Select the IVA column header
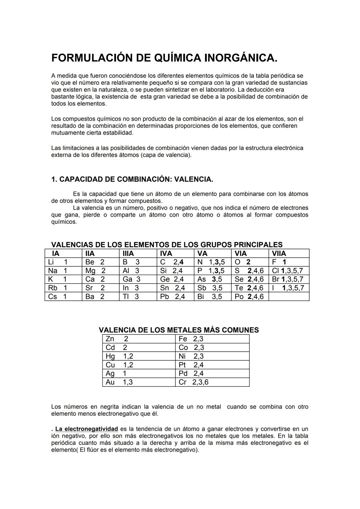[x=166, y=253]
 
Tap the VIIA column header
[x=279, y=253]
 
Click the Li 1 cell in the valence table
[x=58, y=262]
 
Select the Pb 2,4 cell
[x=172, y=297]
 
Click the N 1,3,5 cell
[x=211, y=262]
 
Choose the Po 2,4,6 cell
[x=249, y=297]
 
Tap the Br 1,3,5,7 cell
[x=288, y=279]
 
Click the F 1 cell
[x=279, y=262]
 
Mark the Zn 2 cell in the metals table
[x=117, y=339]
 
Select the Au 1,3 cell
[x=119, y=382]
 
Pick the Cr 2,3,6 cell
[x=193, y=382]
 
